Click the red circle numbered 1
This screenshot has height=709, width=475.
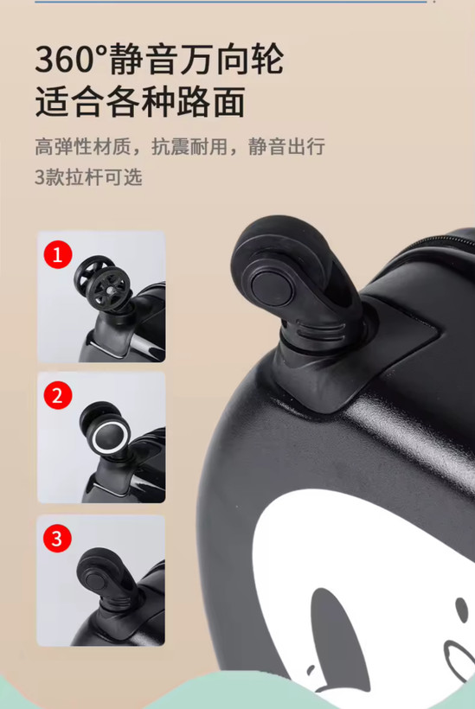[57, 255]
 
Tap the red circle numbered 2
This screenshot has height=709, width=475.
[57, 396]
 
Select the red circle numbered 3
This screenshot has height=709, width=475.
[57, 538]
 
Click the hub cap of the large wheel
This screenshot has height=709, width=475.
[273, 288]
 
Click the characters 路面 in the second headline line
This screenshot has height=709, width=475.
[211, 102]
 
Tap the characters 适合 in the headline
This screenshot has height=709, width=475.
[70, 102]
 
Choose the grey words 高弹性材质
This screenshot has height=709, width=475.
[83, 147]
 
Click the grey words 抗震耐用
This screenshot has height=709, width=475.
[189, 147]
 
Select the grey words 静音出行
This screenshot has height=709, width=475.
[286, 147]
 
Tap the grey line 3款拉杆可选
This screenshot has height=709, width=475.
[88, 177]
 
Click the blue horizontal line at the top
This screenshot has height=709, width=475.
[231, 2]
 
